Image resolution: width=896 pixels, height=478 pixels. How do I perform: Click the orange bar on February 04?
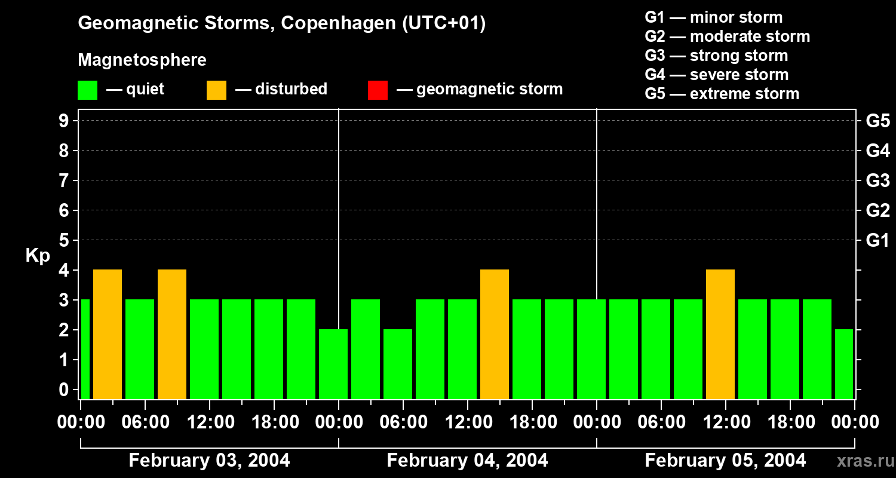tap(495, 334)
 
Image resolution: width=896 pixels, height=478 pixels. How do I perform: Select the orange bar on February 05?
tap(720, 334)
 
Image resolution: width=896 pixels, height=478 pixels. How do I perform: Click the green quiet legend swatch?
tap(87, 90)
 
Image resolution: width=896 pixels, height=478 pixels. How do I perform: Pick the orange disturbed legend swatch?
tap(216, 90)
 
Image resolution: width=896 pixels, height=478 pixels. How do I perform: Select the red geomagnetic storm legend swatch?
tap(378, 90)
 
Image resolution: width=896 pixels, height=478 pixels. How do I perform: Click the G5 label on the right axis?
tap(877, 121)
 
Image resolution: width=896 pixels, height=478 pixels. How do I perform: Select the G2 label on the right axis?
tap(877, 211)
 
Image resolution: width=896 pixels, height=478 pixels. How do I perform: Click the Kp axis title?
tap(38, 256)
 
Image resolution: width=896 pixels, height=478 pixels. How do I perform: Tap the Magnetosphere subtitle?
tap(142, 60)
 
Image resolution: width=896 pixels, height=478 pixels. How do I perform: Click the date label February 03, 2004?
tap(209, 461)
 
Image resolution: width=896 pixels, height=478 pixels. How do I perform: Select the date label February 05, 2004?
tap(725, 461)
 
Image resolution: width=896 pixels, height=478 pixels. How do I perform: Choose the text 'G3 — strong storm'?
tap(716, 56)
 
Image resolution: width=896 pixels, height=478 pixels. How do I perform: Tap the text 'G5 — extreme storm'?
tap(722, 94)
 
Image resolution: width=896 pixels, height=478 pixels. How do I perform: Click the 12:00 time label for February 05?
tap(725, 422)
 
